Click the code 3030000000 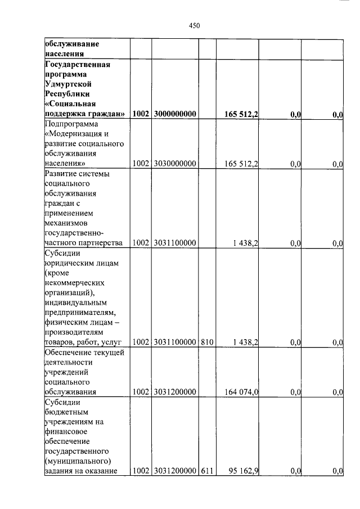pos(173,164)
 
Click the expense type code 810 pos(206,342)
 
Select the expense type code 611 pos(206,471)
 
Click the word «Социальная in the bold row pos(70,104)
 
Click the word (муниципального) pos(76,461)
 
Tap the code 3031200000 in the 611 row pos(173,471)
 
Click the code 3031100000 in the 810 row pos(173,342)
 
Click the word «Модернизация pos(76,134)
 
